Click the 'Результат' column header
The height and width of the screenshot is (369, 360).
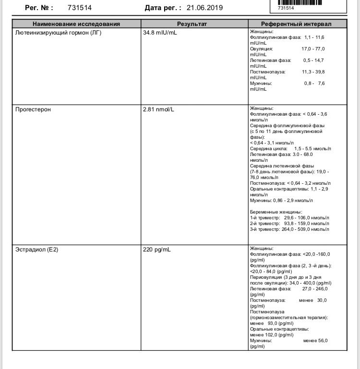point(192,24)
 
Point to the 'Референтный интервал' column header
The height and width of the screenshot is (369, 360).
point(296,24)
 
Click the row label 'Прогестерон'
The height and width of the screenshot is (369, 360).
point(33,109)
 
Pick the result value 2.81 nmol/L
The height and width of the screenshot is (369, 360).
point(158,109)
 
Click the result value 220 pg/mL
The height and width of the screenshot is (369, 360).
point(156,250)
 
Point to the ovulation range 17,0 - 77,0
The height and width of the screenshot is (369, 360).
point(313,49)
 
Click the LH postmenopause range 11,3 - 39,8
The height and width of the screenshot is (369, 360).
point(313,72)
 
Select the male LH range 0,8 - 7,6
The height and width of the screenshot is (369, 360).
point(314,83)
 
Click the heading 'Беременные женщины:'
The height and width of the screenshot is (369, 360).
point(276,212)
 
